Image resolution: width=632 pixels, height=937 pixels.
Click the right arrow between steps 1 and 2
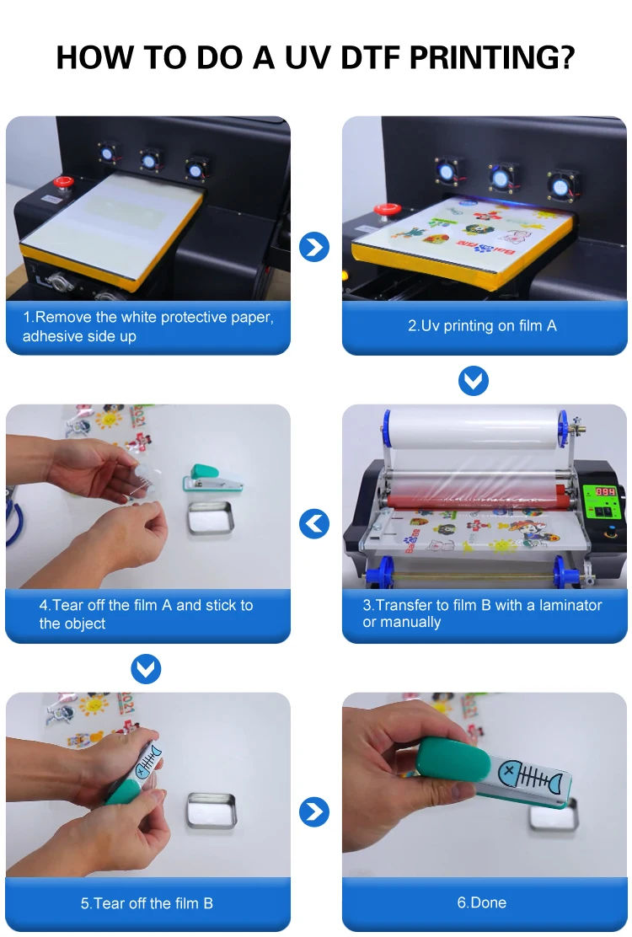[314, 246]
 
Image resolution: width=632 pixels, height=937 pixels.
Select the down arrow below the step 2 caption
[474, 381]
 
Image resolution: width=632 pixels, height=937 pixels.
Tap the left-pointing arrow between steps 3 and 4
[314, 525]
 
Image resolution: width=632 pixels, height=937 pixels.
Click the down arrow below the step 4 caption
[147, 669]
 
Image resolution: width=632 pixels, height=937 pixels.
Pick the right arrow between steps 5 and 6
[314, 811]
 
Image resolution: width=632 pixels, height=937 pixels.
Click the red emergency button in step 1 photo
[62, 182]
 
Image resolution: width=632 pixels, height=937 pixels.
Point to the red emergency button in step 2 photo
[387, 210]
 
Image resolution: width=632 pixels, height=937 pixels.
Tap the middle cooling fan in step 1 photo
[149, 159]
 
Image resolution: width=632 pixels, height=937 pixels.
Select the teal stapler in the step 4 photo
[213, 481]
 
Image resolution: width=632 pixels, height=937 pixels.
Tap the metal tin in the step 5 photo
[212, 810]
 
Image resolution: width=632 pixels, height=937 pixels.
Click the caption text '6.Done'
[482, 902]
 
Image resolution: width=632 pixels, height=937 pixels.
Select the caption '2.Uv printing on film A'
[482, 325]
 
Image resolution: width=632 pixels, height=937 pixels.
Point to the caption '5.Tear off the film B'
[147, 903]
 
